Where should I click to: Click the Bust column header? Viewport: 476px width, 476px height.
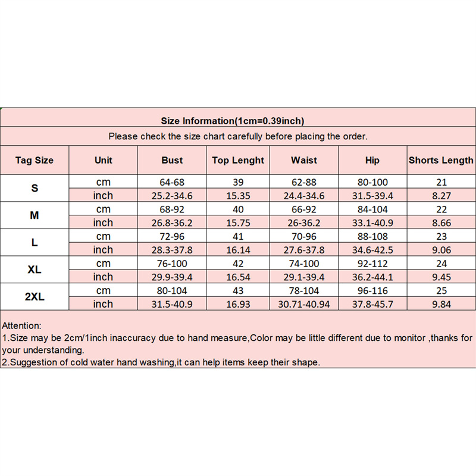tap(172, 160)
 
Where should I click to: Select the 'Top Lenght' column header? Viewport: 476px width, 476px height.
tap(238, 160)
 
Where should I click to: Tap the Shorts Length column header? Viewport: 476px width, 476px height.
tap(441, 160)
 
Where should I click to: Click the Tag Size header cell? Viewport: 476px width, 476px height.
tap(35, 160)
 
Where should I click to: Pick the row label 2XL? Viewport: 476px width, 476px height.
tap(35, 297)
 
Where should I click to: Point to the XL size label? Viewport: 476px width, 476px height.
tap(35, 270)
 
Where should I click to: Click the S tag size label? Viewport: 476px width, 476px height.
tap(35, 188)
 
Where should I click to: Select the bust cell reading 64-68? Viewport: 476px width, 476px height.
tap(172, 182)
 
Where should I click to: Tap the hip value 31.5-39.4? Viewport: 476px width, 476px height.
tap(372, 195)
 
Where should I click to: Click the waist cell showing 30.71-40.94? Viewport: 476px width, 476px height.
tap(304, 304)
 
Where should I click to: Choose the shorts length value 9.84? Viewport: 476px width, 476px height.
tap(441, 304)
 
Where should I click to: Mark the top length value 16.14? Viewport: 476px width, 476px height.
tap(238, 250)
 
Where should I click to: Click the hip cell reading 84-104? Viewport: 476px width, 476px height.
tap(372, 209)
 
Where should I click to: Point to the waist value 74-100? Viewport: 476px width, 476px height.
tap(304, 264)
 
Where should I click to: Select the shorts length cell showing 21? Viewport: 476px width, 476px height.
tap(441, 182)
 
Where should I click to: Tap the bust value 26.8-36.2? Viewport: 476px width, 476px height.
tap(172, 223)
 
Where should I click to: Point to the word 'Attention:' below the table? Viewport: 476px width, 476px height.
tap(22, 326)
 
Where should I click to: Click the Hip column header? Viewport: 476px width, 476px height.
tap(372, 160)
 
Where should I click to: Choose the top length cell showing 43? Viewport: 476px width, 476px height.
tap(238, 291)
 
